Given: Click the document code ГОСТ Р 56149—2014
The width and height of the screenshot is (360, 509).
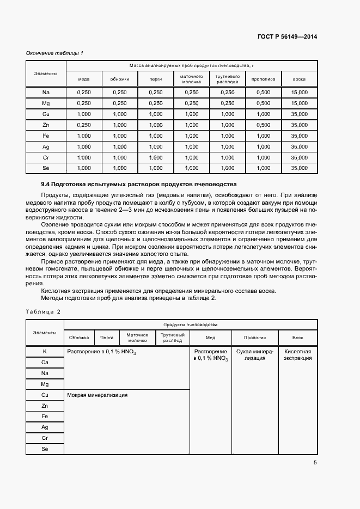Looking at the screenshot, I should tap(286, 37).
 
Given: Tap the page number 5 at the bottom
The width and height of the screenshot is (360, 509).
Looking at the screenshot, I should tap(315, 463).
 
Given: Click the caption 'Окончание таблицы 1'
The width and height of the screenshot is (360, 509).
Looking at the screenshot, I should tap(54, 53).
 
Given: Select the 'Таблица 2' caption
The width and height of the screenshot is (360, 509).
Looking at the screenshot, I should tap(43, 311).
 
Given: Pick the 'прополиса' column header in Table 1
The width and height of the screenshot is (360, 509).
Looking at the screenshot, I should tap(263, 79).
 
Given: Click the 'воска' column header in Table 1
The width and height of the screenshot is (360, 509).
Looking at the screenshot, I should tap(299, 79).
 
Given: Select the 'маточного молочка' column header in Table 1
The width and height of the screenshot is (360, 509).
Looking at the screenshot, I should tap(191, 79).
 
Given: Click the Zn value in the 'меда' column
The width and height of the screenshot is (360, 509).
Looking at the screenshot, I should tap(84, 125).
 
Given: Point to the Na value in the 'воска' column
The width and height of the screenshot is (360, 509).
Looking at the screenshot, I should tap(299, 93).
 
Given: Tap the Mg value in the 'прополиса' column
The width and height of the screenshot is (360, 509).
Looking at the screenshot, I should tap(263, 103).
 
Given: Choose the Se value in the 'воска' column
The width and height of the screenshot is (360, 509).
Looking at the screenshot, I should tap(299, 168).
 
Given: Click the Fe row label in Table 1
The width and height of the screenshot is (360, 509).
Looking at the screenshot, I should tap(46, 136).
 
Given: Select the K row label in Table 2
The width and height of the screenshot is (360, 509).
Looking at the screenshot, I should tap(45, 352).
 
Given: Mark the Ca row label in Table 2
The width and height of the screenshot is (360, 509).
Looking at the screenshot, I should tap(45, 362).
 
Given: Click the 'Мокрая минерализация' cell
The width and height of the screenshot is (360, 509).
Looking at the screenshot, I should tap(97, 395).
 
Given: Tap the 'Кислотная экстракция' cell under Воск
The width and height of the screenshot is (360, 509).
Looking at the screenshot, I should tap(298, 354).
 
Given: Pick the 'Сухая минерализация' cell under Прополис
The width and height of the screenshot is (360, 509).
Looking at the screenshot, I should tap(255, 354).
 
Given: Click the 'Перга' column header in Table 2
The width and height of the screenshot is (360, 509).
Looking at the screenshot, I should tap(107, 338).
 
